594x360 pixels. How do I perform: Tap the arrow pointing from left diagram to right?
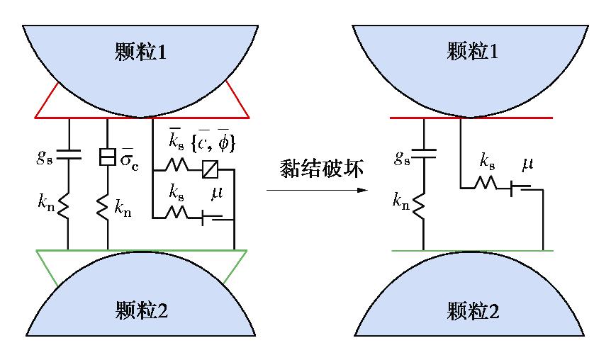tap(317, 190)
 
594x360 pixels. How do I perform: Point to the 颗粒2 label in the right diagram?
tap(473, 310)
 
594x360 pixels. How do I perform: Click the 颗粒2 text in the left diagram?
tap(140, 310)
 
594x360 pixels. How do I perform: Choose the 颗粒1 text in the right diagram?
tap(473, 50)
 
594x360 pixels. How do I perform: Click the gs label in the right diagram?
tap(403, 157)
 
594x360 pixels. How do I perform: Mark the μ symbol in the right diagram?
tap(527, 165)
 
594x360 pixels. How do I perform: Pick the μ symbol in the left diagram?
tap(216, 192)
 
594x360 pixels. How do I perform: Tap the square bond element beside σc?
tap(108, 157)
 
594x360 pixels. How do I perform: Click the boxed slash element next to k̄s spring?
tap(211, 169)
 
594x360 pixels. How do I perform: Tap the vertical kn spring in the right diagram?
tap(422, 206)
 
